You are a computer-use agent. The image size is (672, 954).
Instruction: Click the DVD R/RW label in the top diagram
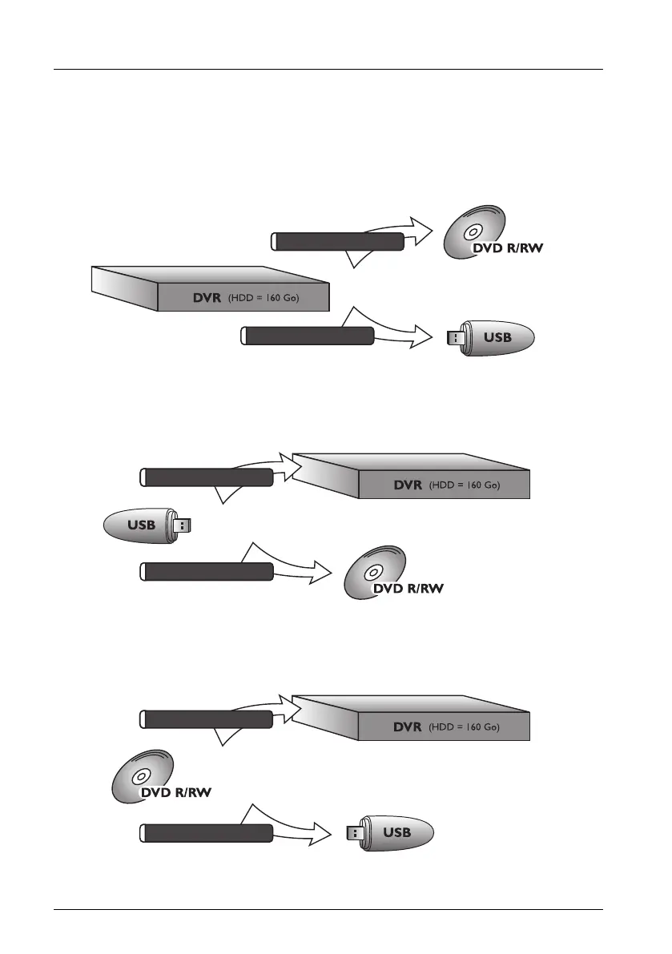click(x=507, y=248)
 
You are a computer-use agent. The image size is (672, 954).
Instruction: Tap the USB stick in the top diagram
click(x=490, y=337)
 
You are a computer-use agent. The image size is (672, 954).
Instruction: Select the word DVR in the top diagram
click(x=204, y=298)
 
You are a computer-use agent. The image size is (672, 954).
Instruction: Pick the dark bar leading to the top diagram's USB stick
click(x=308, y=336)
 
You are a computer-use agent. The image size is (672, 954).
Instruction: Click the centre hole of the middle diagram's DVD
click(x=374, y=572)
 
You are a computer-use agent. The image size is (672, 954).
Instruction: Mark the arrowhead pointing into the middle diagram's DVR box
click(x=289, y=468)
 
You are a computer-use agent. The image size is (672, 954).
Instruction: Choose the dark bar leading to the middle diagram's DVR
click(x=207, y=478)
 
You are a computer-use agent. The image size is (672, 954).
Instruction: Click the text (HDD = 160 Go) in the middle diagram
click(x=465, y=485)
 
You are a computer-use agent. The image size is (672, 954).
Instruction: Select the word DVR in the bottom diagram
click(x=407, y=727)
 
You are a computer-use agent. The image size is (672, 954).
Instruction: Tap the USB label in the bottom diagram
click(x=396, y=832)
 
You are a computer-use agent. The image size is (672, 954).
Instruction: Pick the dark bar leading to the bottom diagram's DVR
click(x=207, y=719)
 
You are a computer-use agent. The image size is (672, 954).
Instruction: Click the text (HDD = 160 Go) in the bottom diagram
click(x=465, y=727)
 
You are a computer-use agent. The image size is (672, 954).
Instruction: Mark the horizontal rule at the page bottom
click(x=328, y=909)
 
